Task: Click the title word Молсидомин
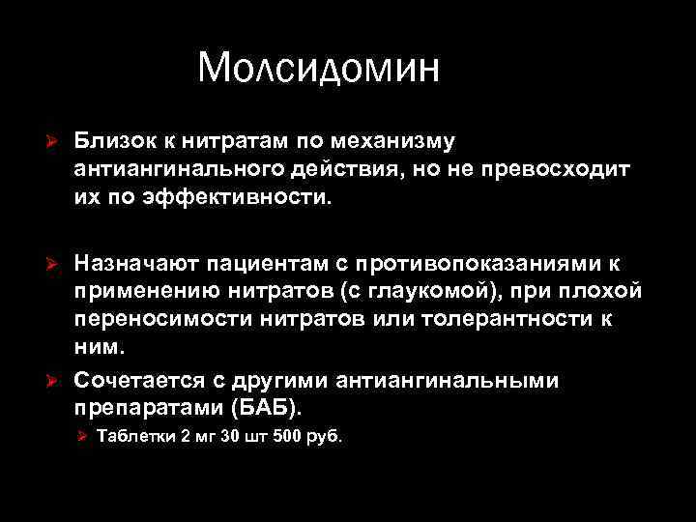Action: click(x=318, y=69)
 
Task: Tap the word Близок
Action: click(x=114, y=142)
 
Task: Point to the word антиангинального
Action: click(x=180, y=169)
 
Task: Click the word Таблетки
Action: click(x=136, y=436)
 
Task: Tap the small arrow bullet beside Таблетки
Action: click(x=82, y=437)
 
